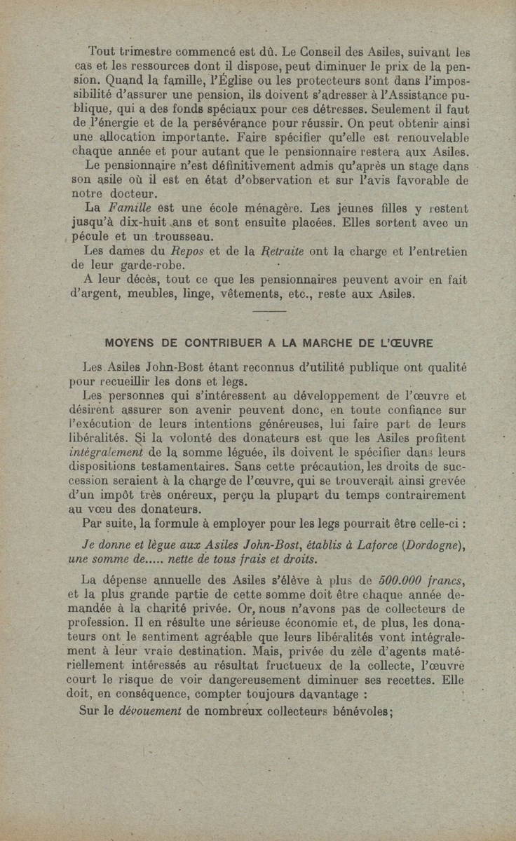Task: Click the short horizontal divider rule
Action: pyautogui.click(x=268, y=310)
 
